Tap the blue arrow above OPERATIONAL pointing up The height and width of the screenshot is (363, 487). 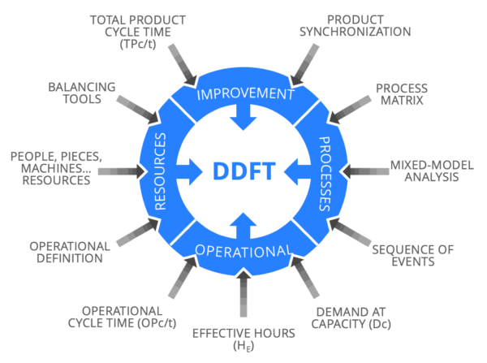[243, 223]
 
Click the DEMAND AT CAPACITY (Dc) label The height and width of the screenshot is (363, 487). [355, 316]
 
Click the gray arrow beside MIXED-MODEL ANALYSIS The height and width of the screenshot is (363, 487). [362, 171]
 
